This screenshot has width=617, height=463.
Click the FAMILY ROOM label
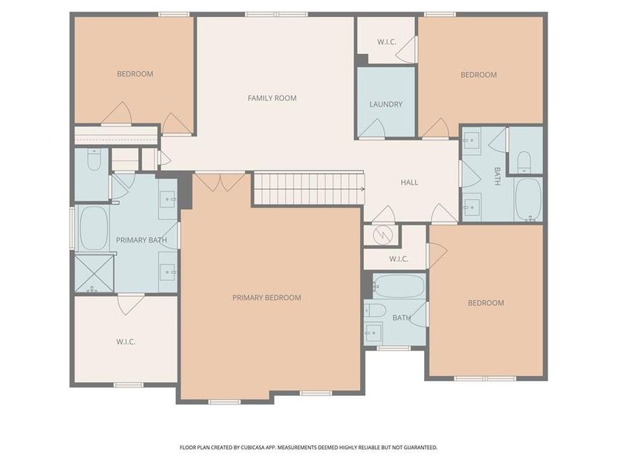[271, 98]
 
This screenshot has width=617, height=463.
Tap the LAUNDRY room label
[386, 104]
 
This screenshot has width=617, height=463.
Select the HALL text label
[409, 182]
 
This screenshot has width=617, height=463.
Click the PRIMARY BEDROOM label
[267, 297]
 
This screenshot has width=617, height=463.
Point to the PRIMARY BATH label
[141, 240]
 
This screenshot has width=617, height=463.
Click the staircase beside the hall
[308, 188]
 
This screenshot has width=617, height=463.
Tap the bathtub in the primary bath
[94, 228]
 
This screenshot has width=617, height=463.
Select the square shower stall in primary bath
[93, 273]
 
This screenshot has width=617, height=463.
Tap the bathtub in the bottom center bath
[398, 287]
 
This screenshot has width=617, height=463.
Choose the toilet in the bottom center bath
[376, 310]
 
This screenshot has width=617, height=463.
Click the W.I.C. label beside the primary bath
[126, 340]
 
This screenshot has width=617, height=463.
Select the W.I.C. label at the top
[386, 42]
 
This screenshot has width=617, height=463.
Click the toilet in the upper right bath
[523, 161]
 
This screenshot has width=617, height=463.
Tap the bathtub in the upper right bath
[528, 199]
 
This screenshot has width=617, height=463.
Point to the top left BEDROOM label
[135, 74]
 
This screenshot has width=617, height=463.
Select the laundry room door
[373, 131]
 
